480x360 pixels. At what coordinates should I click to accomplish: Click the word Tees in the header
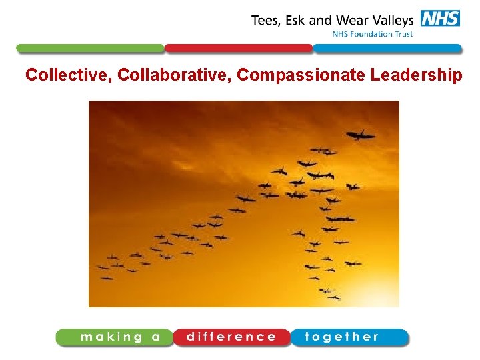point(265,20)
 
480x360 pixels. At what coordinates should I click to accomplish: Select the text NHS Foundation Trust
point(373,34)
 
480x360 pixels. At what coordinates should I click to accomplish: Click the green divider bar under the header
point(90,49)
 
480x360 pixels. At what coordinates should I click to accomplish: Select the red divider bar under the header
point(239,49)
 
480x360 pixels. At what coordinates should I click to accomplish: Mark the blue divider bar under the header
point(387,49)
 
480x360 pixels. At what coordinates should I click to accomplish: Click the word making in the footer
point(111,337)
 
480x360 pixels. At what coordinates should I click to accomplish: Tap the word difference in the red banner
point(231,337)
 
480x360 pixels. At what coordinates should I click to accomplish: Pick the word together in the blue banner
point(342,337)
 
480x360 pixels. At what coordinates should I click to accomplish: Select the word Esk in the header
point(296,20)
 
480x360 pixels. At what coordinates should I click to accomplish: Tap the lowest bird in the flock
point(327,291)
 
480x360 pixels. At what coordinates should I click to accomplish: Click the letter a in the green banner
point(156,337)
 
